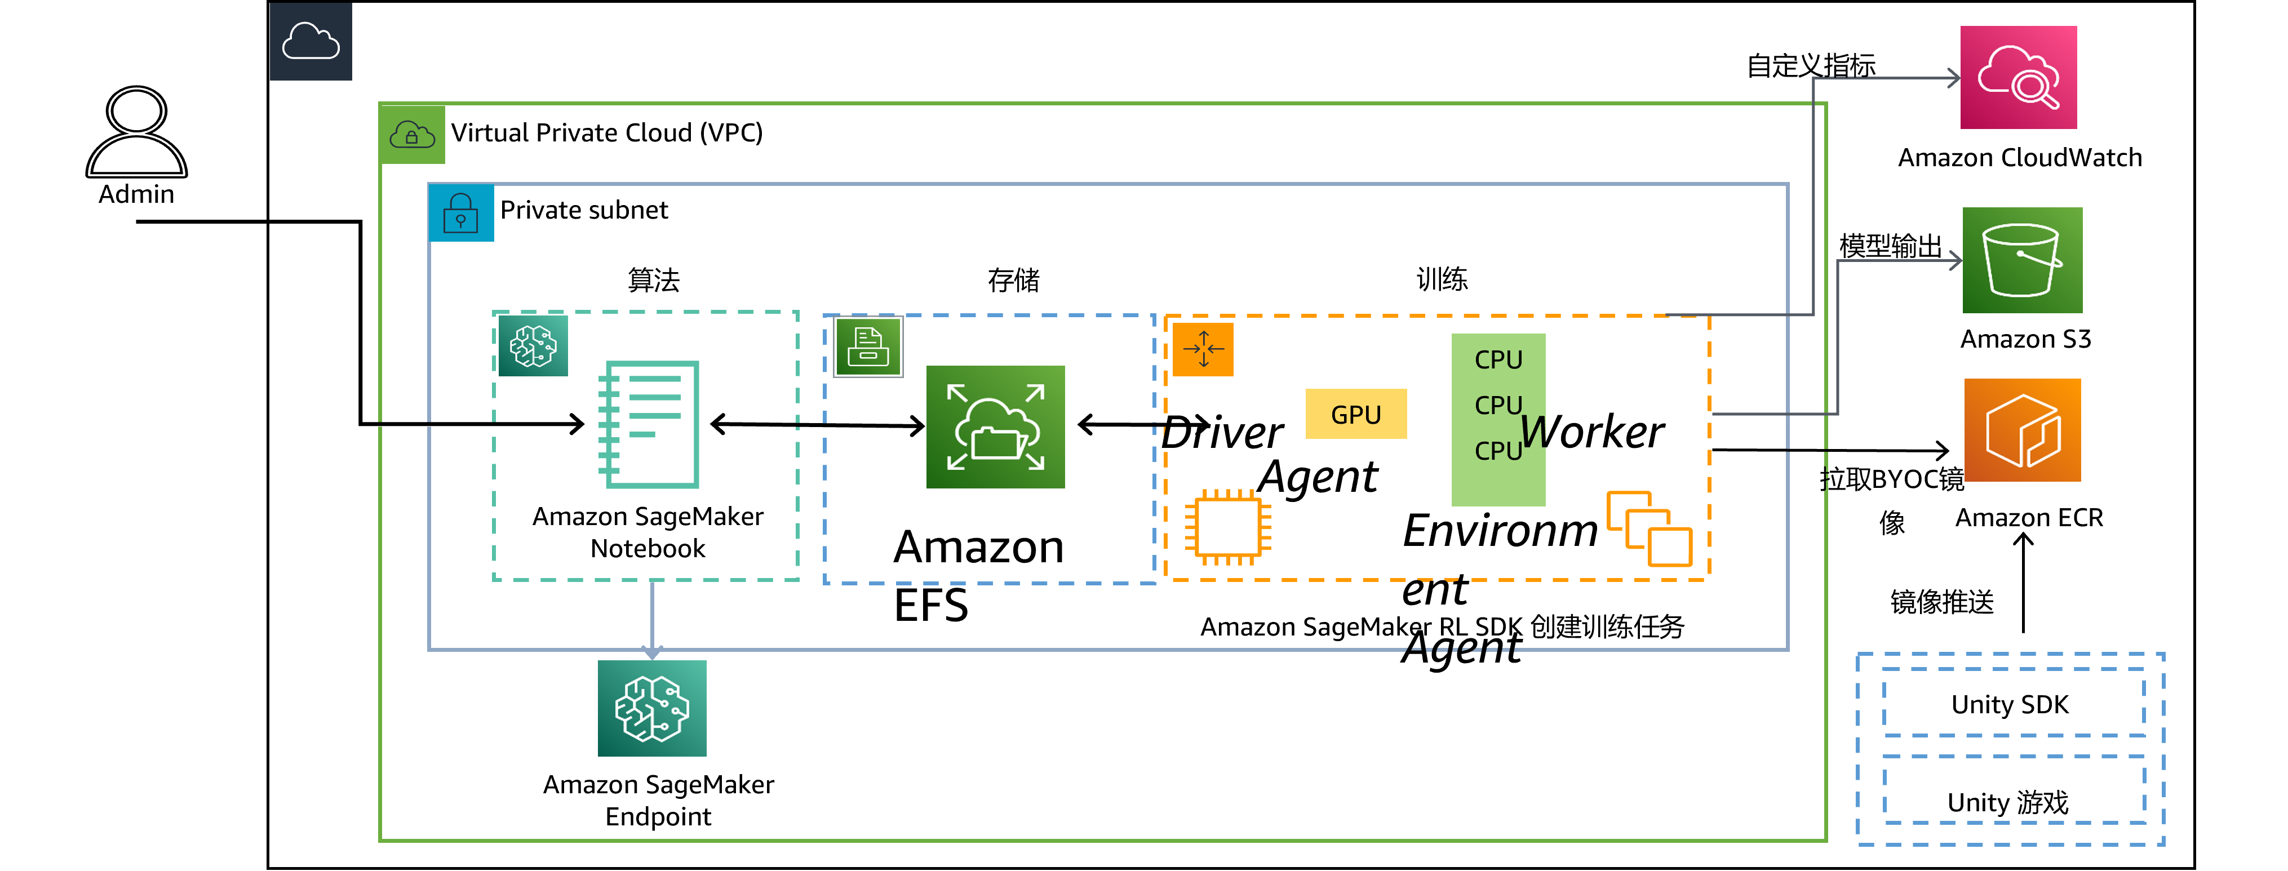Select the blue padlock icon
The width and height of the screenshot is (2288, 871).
point(461,213)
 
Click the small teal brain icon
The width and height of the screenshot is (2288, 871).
point(533,345)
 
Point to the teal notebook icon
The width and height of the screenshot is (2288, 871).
point(649,424)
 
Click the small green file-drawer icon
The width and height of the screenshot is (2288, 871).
point(868,346)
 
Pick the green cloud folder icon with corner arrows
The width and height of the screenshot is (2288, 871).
point(995,427)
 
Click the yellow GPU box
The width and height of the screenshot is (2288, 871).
point(1355,414)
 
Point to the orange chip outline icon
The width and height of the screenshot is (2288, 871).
point(1227,527)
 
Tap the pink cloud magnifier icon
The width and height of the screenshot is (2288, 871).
point(2018,77)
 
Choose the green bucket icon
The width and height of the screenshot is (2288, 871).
point(2021,260)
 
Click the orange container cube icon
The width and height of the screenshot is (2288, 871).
point(2021,430)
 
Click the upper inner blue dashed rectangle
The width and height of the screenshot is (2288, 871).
point(2012,703)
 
